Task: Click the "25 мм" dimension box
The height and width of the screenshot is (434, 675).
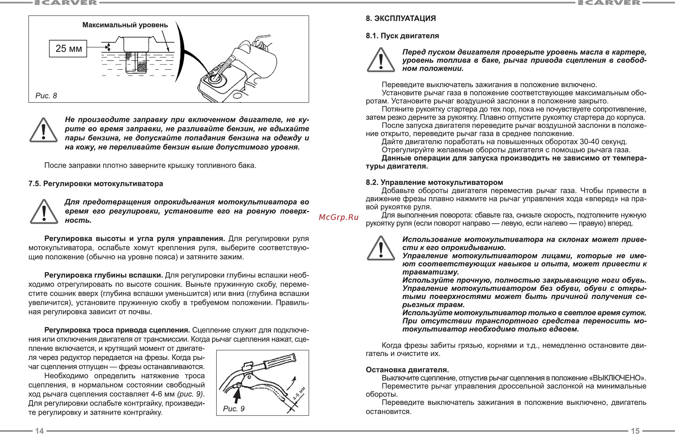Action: [68, 48]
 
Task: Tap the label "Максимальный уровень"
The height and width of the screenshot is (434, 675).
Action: [125, 25]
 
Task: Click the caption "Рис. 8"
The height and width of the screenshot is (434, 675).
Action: [46, 96]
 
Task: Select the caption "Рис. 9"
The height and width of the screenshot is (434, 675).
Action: [234, 409]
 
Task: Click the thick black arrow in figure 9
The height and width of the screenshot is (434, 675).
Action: [238, 396]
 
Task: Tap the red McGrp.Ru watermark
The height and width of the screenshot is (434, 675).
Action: [339, 217]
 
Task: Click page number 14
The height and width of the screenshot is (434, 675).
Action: [39, 431]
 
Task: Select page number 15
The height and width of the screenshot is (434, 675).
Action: [635, 431]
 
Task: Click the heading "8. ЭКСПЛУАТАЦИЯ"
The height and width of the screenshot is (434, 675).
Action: [400, 19]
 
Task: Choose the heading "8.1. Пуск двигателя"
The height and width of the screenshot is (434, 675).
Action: [402, 36]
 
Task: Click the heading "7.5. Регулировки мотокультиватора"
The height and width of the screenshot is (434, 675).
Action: [96, 184]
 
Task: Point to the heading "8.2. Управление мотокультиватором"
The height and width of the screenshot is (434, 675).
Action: [434, 182]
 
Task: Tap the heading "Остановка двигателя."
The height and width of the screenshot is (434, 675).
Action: [407, 369]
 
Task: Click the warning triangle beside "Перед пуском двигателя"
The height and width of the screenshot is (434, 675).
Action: [381, 60]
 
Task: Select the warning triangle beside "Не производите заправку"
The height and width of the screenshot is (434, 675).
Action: [44, 130]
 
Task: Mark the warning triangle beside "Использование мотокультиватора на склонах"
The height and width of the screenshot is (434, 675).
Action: [381, 249]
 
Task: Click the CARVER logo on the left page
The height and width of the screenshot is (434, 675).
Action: [66, 3]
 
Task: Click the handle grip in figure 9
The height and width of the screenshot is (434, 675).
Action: [280, 361]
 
